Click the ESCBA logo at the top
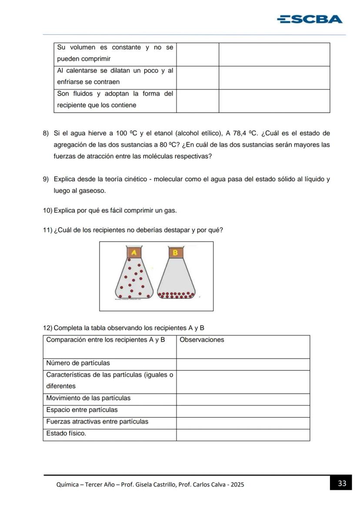click(310, 19)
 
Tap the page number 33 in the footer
click(342, 483)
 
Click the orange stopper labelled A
click(134, 253)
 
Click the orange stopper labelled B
click(176, 253)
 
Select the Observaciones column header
click(202, 340)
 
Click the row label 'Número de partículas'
click(78, 363)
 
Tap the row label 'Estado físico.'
click(66, 433)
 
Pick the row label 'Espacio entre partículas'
click(82, 410)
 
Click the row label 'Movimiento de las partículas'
click(88, 398)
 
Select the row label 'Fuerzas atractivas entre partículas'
click(97, 422)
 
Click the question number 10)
click(47, 210)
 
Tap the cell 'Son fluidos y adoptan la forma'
click(115, 94)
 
